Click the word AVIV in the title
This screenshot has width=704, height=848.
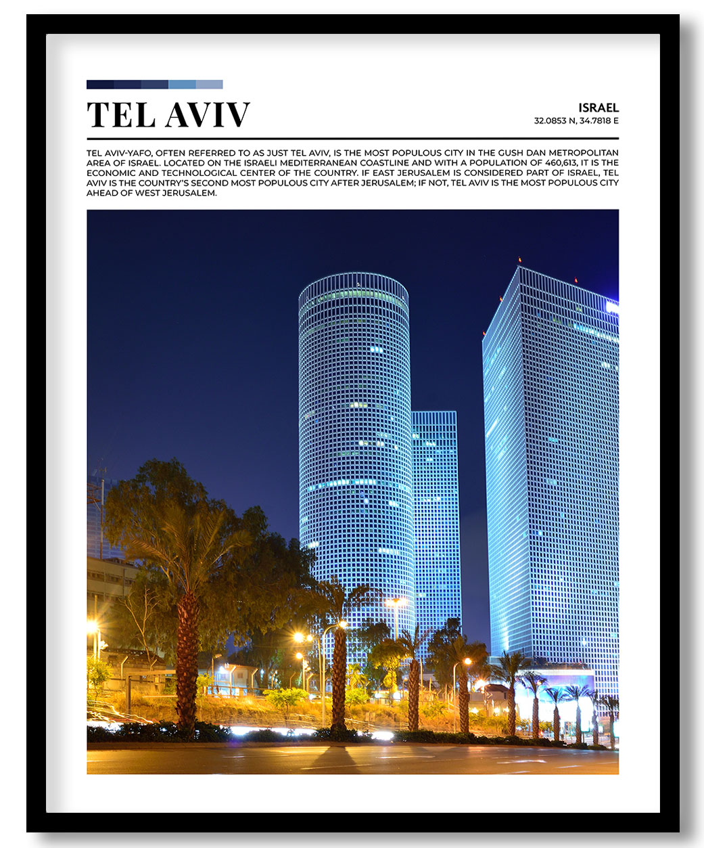click(208, 115)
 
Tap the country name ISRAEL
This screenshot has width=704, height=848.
click(599, 108)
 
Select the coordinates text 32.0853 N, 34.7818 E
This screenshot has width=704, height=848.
click(576, 121)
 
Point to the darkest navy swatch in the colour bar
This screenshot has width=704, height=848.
click(100, 85)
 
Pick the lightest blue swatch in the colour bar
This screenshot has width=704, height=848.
click(209, 85)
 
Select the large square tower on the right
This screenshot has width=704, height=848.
click(551, 474)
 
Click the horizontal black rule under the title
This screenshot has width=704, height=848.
click(352, 138)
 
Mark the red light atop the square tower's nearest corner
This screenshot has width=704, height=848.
click(519, 260)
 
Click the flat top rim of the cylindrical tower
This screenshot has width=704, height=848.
click(354, 277)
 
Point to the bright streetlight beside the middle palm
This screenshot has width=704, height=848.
click(299, 638)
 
